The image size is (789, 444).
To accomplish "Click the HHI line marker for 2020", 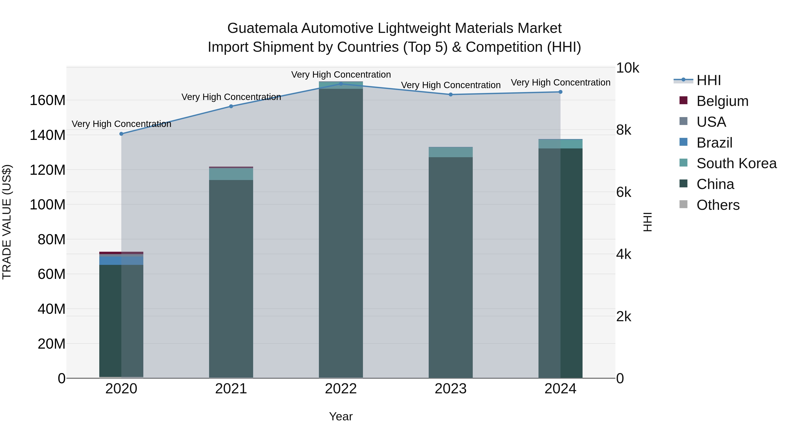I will pyautogui.click(x=121, y=134).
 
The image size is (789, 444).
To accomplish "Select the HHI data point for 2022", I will pyautogui.click(x=341, y=84).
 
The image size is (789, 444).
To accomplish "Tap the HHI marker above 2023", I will pyautogui.click(x=451, y=95).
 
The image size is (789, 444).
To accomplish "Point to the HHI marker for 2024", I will pyautogui.click(x=560, y=92).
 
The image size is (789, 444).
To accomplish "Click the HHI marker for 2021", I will pyautogui.click(x=231, y=106).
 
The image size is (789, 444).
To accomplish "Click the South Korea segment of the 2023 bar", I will pyautogui.click(x=451, y=152).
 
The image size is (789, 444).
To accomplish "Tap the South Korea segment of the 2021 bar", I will pyautogui.click(x=231, y=174).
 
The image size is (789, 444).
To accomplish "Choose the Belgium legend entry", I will pyautogui.click(x=722, y=101).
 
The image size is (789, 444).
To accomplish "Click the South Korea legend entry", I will pyautogui.click(x=736, y=163).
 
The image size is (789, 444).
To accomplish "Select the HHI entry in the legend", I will pyautogui.click(x=708, y=80).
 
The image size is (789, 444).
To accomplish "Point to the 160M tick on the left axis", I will pyautogui.click(x=48, y=100).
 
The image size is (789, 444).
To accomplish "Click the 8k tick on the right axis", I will pyautogui.click(x=624, y=130).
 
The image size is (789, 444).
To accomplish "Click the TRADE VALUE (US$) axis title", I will pyautogui.click(x=7, y=222).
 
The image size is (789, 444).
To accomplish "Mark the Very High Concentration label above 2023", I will pyautogui.click(x=451, y=85).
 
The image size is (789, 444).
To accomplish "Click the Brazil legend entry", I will pyautogui.click(x=714, y=143).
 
